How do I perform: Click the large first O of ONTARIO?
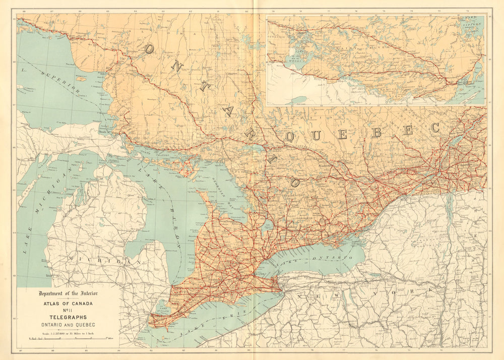pyautogui.click(x=150, y=48)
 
